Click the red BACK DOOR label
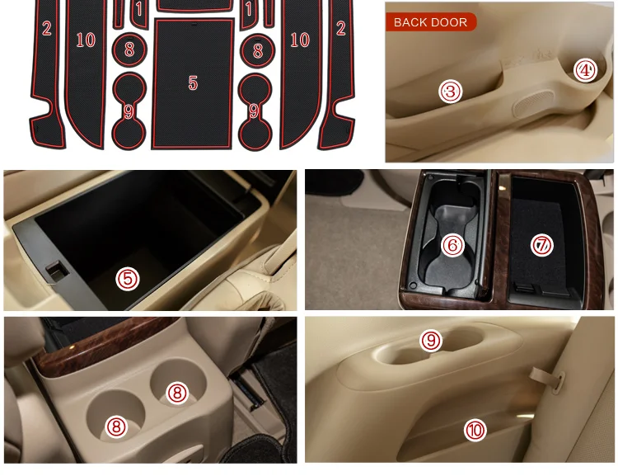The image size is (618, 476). [x=431, y=22]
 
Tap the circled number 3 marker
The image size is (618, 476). [x=450, y=92]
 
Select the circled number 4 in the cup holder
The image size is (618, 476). [x=585, y=70]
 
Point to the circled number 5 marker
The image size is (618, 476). [x=128, y=279]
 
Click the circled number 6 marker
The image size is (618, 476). [x=452, y=246]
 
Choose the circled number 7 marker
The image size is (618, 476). [x=542, y=245]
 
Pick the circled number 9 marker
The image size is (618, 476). [x=431, y=341]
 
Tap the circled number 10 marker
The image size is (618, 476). [x=475, y=430]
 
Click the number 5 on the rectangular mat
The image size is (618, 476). [x=193, y=82]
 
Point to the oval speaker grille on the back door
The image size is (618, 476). [x=533, y=103]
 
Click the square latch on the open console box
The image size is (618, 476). [x=57, y=271]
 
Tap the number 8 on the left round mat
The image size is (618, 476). [x=129, y=49]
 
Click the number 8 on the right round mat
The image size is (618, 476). [x=258, y=51]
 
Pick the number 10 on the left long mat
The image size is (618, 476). [x=86, y=40]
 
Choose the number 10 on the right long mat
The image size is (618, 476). [x=300, y=40]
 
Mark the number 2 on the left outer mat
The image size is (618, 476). [x=47, y=28]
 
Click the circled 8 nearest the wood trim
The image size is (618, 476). [x=177, y=394]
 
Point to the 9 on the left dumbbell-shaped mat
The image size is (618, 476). [x=129, y=111]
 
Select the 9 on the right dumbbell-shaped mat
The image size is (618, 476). [x=254, y=111]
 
